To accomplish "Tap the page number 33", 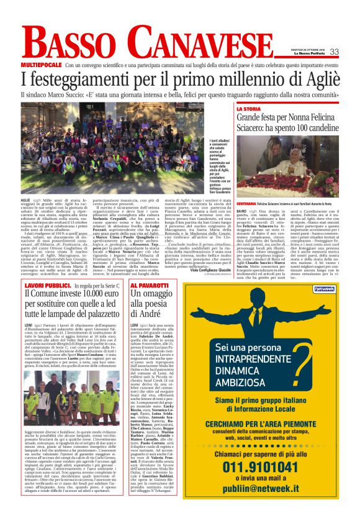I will click(334, 52).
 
